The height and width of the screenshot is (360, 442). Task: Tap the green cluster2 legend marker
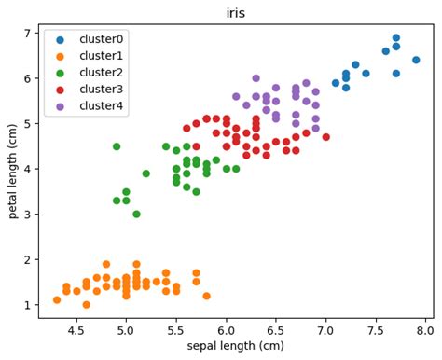point(61,73)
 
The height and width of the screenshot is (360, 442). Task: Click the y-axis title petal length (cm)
point(14,172)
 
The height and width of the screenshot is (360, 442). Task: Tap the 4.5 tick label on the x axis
point(76,328)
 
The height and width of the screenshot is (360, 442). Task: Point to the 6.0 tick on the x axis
point(226,328)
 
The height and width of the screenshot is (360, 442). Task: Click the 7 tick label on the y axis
point(28,33)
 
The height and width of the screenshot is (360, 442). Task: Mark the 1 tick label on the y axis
point(28,305)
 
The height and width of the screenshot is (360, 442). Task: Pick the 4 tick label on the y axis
point(28,169)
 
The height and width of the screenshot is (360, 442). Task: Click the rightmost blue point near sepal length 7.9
point(416,60)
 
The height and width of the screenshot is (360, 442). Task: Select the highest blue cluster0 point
point(395,37)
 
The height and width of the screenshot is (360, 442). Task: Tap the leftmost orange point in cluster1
point(57,300)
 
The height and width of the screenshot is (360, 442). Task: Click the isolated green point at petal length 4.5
point(117,146)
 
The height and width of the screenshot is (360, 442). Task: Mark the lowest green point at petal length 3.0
point(136,215)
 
